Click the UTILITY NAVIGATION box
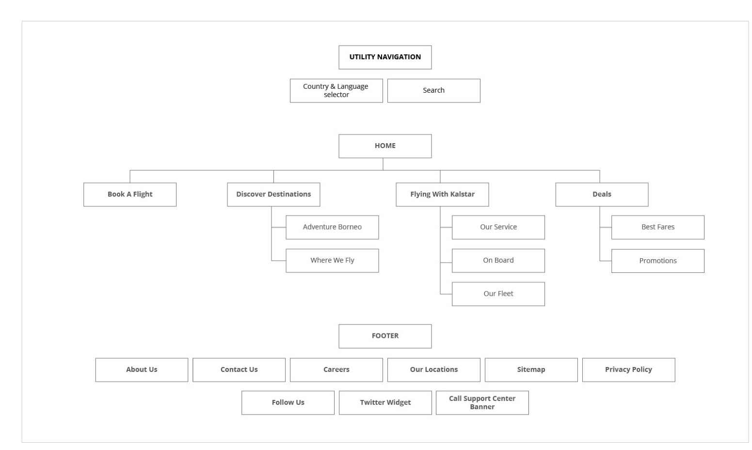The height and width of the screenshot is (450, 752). (x=385, y=57)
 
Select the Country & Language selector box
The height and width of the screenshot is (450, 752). (x=336, y=91)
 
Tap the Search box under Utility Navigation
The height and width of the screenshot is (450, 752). (x=433, y=91)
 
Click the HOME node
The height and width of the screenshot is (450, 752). (x=385, y=146)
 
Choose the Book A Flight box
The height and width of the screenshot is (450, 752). (x=130, y=195)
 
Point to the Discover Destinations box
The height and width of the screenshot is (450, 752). (x=273, y=195)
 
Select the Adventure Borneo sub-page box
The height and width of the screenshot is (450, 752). (x=332, y=227)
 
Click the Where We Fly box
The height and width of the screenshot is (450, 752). (x=332, y=261)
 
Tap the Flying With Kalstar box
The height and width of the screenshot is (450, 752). (x=442, y=195)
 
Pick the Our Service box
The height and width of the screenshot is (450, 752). (x=498, y=227)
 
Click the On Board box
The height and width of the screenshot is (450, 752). (x=498, y=261)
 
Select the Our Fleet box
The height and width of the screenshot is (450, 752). (x=498, y=294)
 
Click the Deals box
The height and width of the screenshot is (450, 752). (x=602, y=195)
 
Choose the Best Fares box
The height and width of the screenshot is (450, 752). (x=657, y=227)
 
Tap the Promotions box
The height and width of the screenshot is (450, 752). (x=657, y=261)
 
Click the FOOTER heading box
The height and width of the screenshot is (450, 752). (x=385, y=336)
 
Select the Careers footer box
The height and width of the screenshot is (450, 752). (x=336, y=370)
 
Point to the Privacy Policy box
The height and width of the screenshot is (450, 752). (x=628, y=370)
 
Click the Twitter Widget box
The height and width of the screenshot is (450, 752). (x=385, y=403)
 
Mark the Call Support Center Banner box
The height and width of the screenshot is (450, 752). (x=482, y=403)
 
